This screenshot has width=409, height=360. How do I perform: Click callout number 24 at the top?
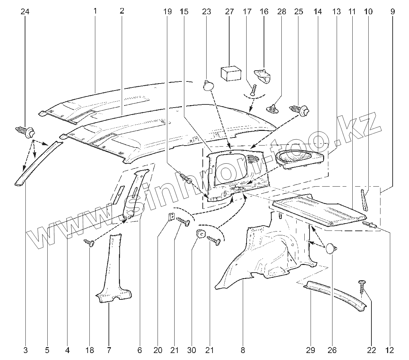pos(25,11)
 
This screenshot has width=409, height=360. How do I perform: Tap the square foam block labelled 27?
pos(231,73)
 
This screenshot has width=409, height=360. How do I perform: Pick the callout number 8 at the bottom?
pos(243,350)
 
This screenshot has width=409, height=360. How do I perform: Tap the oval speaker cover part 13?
pos(301,158)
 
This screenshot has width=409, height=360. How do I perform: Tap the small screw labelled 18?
pos(89,243)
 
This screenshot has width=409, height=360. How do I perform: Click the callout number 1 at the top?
pos(95,11)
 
